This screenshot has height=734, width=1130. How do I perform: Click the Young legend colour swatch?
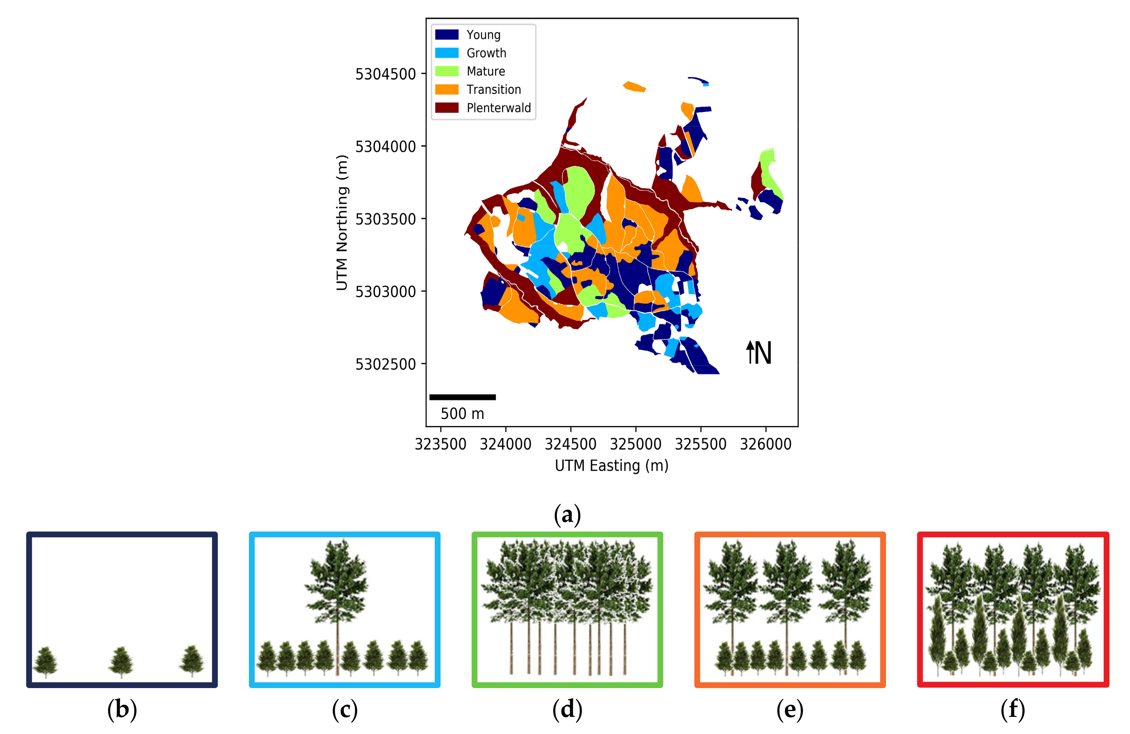click(x=446, y=35)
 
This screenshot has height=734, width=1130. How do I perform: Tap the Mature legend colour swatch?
click(x=446, y=71)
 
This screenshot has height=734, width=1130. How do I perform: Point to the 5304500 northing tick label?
click(x=385, y=74)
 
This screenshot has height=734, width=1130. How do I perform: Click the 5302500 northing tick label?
click(x=385, y=364)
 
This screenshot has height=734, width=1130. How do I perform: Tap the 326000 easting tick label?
click(x=765, y=444)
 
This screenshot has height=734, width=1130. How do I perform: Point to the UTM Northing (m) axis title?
click(x=342, y=222)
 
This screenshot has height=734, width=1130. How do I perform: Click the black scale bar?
click(x=463, y=397)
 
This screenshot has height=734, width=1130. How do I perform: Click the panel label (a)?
click(x=567, y=515)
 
